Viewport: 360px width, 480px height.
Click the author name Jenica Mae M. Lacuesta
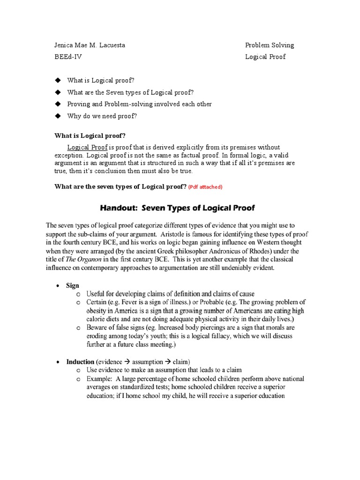(x=90, y=45)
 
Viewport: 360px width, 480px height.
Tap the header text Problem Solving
(x=270, y=45)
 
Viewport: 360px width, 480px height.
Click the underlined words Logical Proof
(x=87, y=147)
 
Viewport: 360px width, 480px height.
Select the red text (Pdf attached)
(x=205, y=187)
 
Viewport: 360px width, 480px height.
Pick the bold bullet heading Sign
(x=73, y=285)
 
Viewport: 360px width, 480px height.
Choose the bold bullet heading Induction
(x=80, y=362)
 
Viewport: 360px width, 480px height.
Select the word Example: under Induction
(x=99, y=379)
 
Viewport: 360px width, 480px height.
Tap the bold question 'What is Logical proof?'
(x=90, y=136)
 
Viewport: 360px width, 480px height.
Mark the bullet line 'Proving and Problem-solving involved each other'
(x=139, y=104)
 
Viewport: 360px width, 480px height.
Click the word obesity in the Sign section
(x=97, y=311)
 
